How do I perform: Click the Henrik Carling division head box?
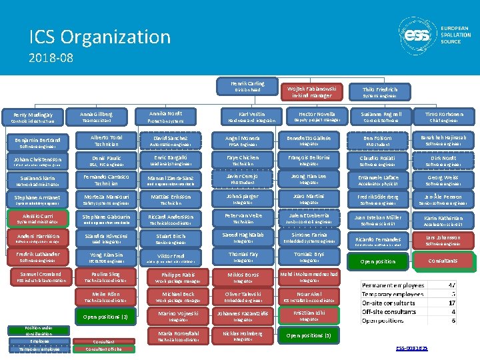point(247,86)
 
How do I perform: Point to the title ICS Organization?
point(100,37)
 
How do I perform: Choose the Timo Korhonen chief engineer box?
point(443,117)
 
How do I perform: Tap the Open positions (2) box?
point(106,317)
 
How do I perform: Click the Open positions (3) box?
point(308,335)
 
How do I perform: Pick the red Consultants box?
point(443,261)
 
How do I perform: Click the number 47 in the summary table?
point(453,285)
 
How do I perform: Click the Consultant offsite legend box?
point(103,349)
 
